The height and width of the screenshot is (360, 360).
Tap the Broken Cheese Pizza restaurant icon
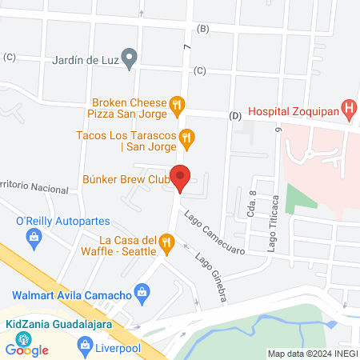click(178, 103)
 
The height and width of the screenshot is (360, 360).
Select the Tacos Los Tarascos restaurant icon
click(187, 138)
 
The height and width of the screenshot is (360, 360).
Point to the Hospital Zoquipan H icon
click(349, 106)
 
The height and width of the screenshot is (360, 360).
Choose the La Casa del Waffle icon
click(166, 242)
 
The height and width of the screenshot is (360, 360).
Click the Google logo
click(27, 349)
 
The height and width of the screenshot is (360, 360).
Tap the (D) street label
click(234, 116)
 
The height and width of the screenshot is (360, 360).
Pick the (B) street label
click(202, 29)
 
